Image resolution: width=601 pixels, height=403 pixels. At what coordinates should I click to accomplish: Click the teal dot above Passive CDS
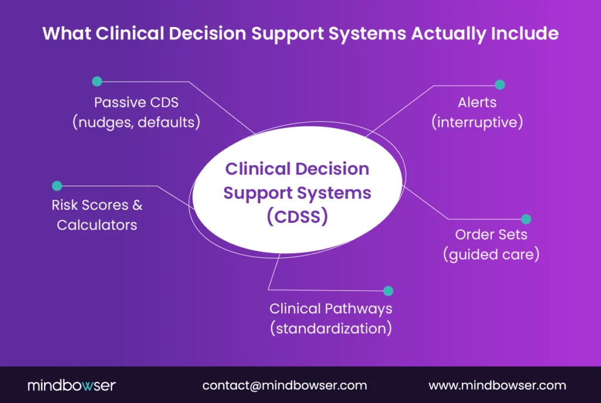point(97,81)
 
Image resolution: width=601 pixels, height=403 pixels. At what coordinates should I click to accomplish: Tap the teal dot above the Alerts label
point(500,85)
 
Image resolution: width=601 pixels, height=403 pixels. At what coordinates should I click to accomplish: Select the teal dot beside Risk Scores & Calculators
point(57,186)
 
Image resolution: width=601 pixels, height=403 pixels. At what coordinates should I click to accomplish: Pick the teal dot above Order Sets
point(526,219)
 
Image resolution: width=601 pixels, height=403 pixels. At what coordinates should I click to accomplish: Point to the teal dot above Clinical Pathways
point(388,291)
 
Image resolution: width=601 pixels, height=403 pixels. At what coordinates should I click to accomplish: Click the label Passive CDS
point(136,102)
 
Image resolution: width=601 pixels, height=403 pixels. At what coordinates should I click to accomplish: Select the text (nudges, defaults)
point(136,122)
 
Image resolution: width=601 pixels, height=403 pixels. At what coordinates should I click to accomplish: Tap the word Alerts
point(477,102)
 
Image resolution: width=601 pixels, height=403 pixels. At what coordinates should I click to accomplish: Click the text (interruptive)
point(477,122)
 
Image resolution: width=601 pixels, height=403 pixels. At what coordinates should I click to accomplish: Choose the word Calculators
point(97,224)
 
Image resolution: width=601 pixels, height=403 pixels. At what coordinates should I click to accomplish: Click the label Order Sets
point(491,234)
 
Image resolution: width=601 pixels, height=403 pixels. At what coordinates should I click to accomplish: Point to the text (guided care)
point(491,255)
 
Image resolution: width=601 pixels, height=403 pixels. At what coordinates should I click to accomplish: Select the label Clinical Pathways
point(331,308)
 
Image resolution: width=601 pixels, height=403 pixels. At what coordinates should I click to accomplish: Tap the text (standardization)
point(331,328)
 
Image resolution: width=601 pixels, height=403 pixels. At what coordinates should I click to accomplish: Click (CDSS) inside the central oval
point(297,216)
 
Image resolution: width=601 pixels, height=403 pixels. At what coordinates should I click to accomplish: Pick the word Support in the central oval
point(259,193)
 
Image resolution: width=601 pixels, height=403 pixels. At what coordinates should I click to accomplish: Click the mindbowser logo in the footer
point(72,385)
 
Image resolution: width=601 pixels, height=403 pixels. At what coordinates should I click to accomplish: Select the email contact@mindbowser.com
point(285,385)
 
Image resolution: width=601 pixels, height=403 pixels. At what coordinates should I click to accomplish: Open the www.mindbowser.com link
point(498,385)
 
